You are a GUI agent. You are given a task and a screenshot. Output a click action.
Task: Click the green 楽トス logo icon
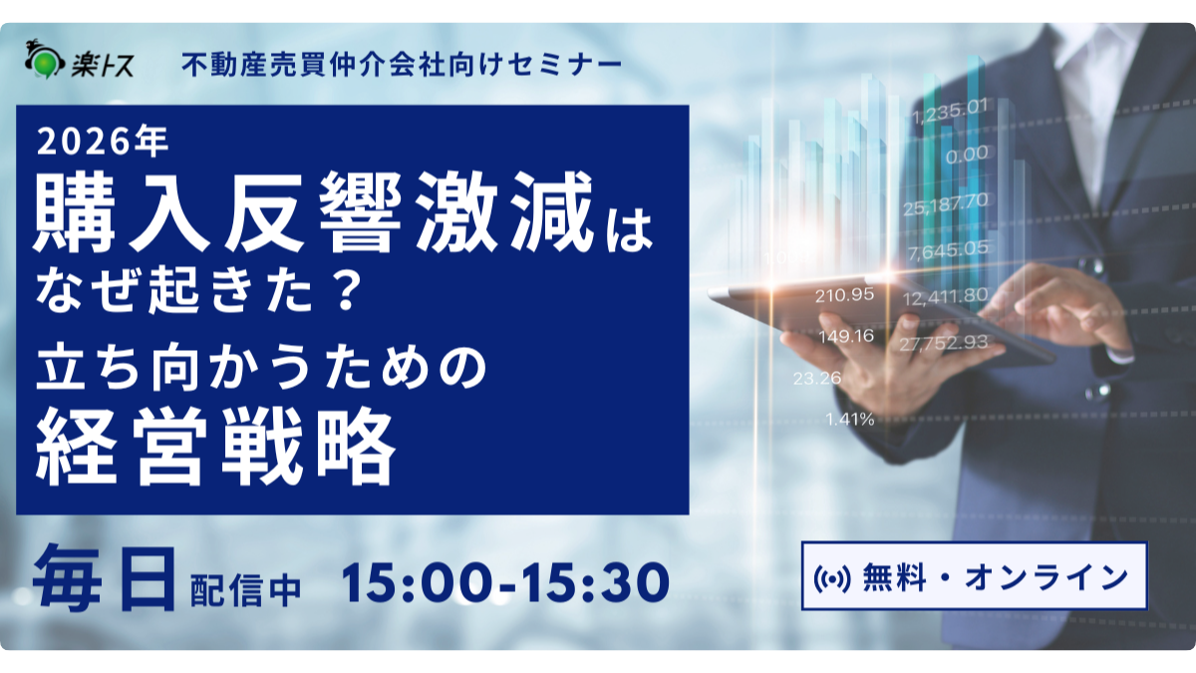click(x=45, y=61)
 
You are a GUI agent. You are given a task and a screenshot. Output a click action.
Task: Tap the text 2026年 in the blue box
click(x=103, y=142)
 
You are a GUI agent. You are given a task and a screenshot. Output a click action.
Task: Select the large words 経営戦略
click(x=216, y=447)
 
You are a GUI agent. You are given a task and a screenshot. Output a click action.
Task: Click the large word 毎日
click(x=105, y=578)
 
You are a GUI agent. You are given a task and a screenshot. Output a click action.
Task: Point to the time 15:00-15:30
click(x=504, y=581)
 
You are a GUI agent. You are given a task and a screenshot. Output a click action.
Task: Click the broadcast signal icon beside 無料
click(x=832, y=578)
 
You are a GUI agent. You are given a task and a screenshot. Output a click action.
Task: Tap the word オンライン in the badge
click(x=1046, y=578)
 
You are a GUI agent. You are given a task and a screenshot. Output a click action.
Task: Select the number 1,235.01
click(x=950, y=111)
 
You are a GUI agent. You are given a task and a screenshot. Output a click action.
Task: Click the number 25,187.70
click(x=946, y=203)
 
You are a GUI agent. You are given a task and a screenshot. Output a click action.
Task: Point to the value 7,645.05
click(x=948, y=250)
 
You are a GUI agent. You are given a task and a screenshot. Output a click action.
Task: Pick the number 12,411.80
click(x=946, y=296)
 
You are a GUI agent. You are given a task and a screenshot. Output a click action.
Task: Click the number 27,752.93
click(x=944, y=342)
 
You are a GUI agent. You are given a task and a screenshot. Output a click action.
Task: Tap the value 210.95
click(x=845, y=295)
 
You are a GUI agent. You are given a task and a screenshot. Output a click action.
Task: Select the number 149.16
click(x=846, y=336)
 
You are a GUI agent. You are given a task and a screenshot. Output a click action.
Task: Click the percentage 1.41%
click(x=850, y=420)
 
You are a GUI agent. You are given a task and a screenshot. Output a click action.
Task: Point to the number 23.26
click(x=817, y=378)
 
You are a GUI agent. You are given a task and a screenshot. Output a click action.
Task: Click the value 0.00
click(x=967, y=155)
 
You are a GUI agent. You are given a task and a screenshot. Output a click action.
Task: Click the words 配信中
click(x=246, y=590)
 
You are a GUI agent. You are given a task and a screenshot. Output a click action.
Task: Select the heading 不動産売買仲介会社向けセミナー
click(x=402, y=65)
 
